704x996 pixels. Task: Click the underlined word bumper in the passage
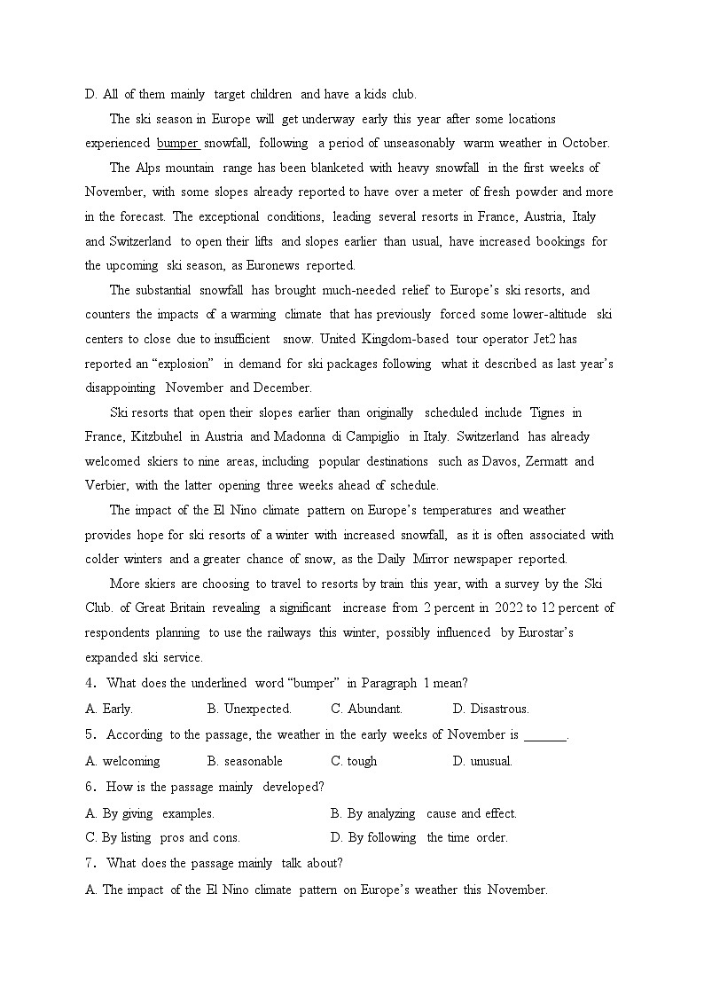coord(177,143)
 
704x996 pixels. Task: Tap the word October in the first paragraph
coord(585,143)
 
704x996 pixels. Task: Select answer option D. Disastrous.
coord(490,709)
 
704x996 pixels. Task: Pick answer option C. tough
coord(354,761)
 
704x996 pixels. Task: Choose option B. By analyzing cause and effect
coord(423,813)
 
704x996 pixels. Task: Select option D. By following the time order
coord(418,837)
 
